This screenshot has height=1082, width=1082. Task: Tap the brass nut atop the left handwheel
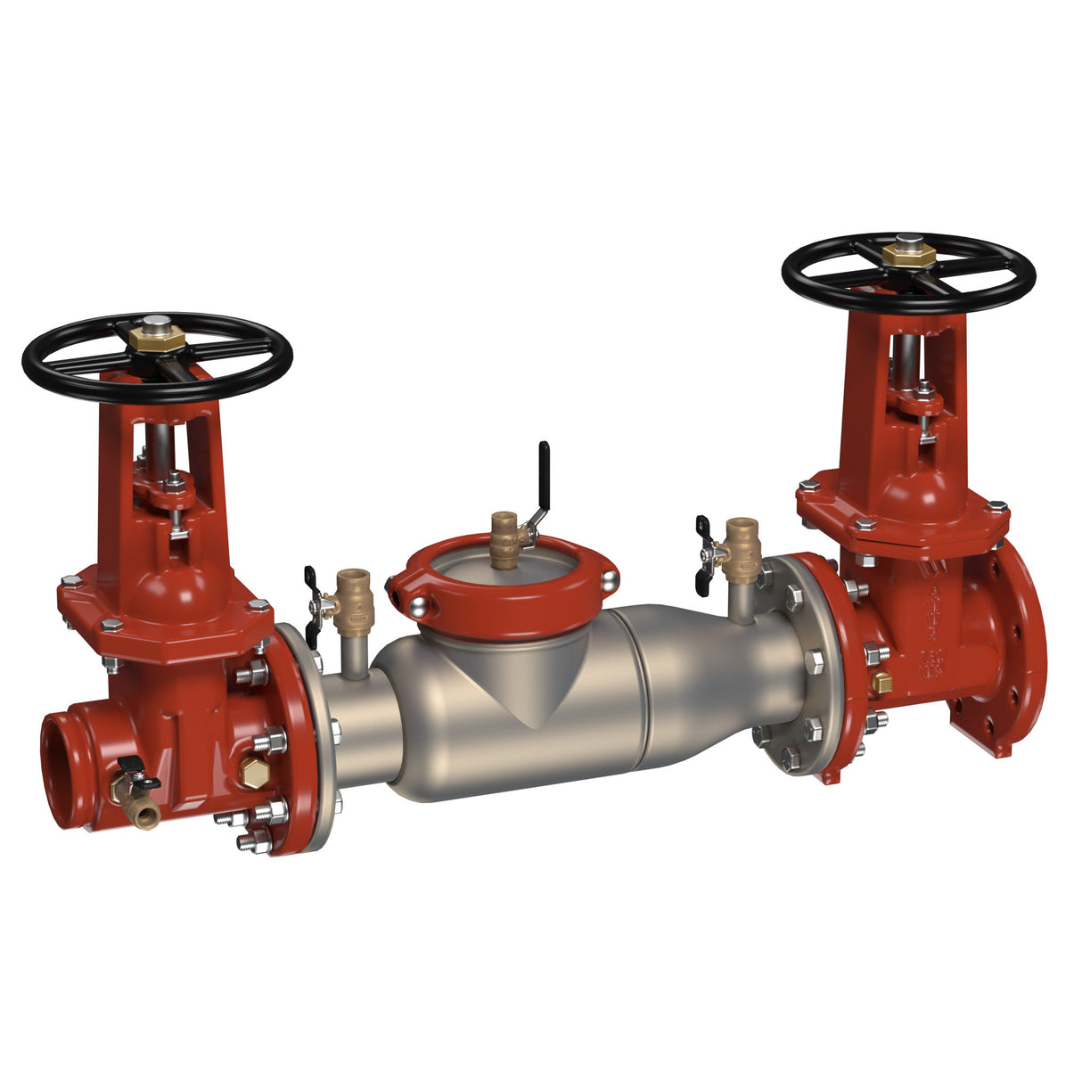tap(157, 337)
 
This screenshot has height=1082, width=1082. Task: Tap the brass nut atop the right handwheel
tap(908, 254)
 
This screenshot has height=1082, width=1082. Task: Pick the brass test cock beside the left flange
tap(355, 597)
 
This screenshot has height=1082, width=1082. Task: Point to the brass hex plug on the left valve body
tap(254, 774)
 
